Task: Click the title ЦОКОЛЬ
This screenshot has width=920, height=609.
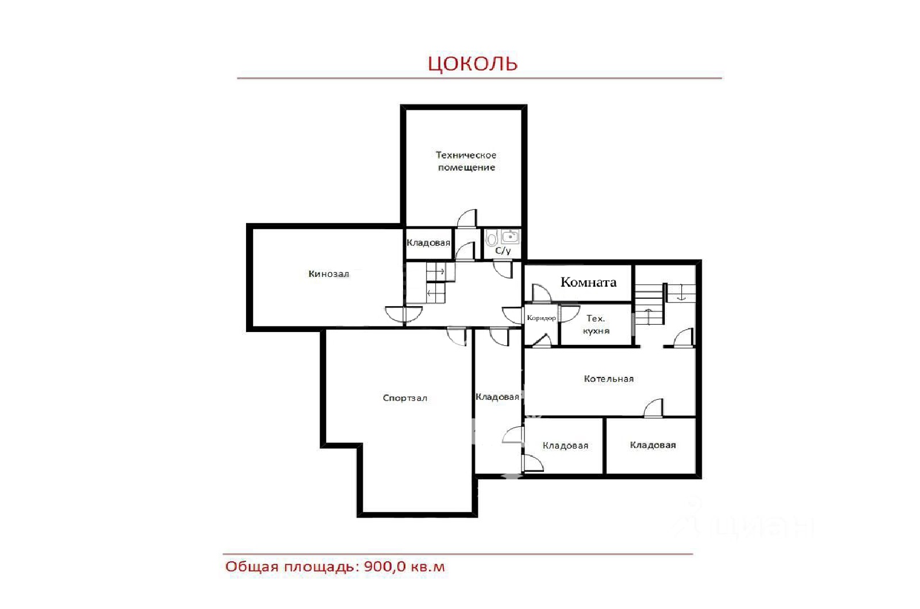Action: tap(472, 64)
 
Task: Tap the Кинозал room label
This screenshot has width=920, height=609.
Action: tap(328, 273)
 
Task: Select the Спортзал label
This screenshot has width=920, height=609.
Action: tap(405, 398)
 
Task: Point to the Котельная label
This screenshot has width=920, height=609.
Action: tap(609, 379)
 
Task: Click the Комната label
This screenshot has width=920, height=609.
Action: tap(589, 282)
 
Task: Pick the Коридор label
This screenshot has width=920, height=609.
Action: tap(541, 318)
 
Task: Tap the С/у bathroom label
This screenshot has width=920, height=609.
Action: tap(503, 250)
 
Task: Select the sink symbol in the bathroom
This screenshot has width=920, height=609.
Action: tap(510, 237)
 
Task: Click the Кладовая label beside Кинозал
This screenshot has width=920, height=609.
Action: tap(428, 242)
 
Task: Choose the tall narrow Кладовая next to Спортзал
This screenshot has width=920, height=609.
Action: tap(497, 397)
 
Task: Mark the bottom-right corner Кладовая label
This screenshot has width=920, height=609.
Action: tap(653, 445)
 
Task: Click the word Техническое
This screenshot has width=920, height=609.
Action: tap(466, 155)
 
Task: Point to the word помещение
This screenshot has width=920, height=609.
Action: tap(466, 167)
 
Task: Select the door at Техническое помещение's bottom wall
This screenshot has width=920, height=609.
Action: tap(467, 219)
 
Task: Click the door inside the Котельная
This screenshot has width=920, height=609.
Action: tap(653, 408)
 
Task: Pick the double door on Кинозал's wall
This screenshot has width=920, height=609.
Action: tap(404, 314)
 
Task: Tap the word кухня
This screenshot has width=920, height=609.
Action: tap(596, 331)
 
